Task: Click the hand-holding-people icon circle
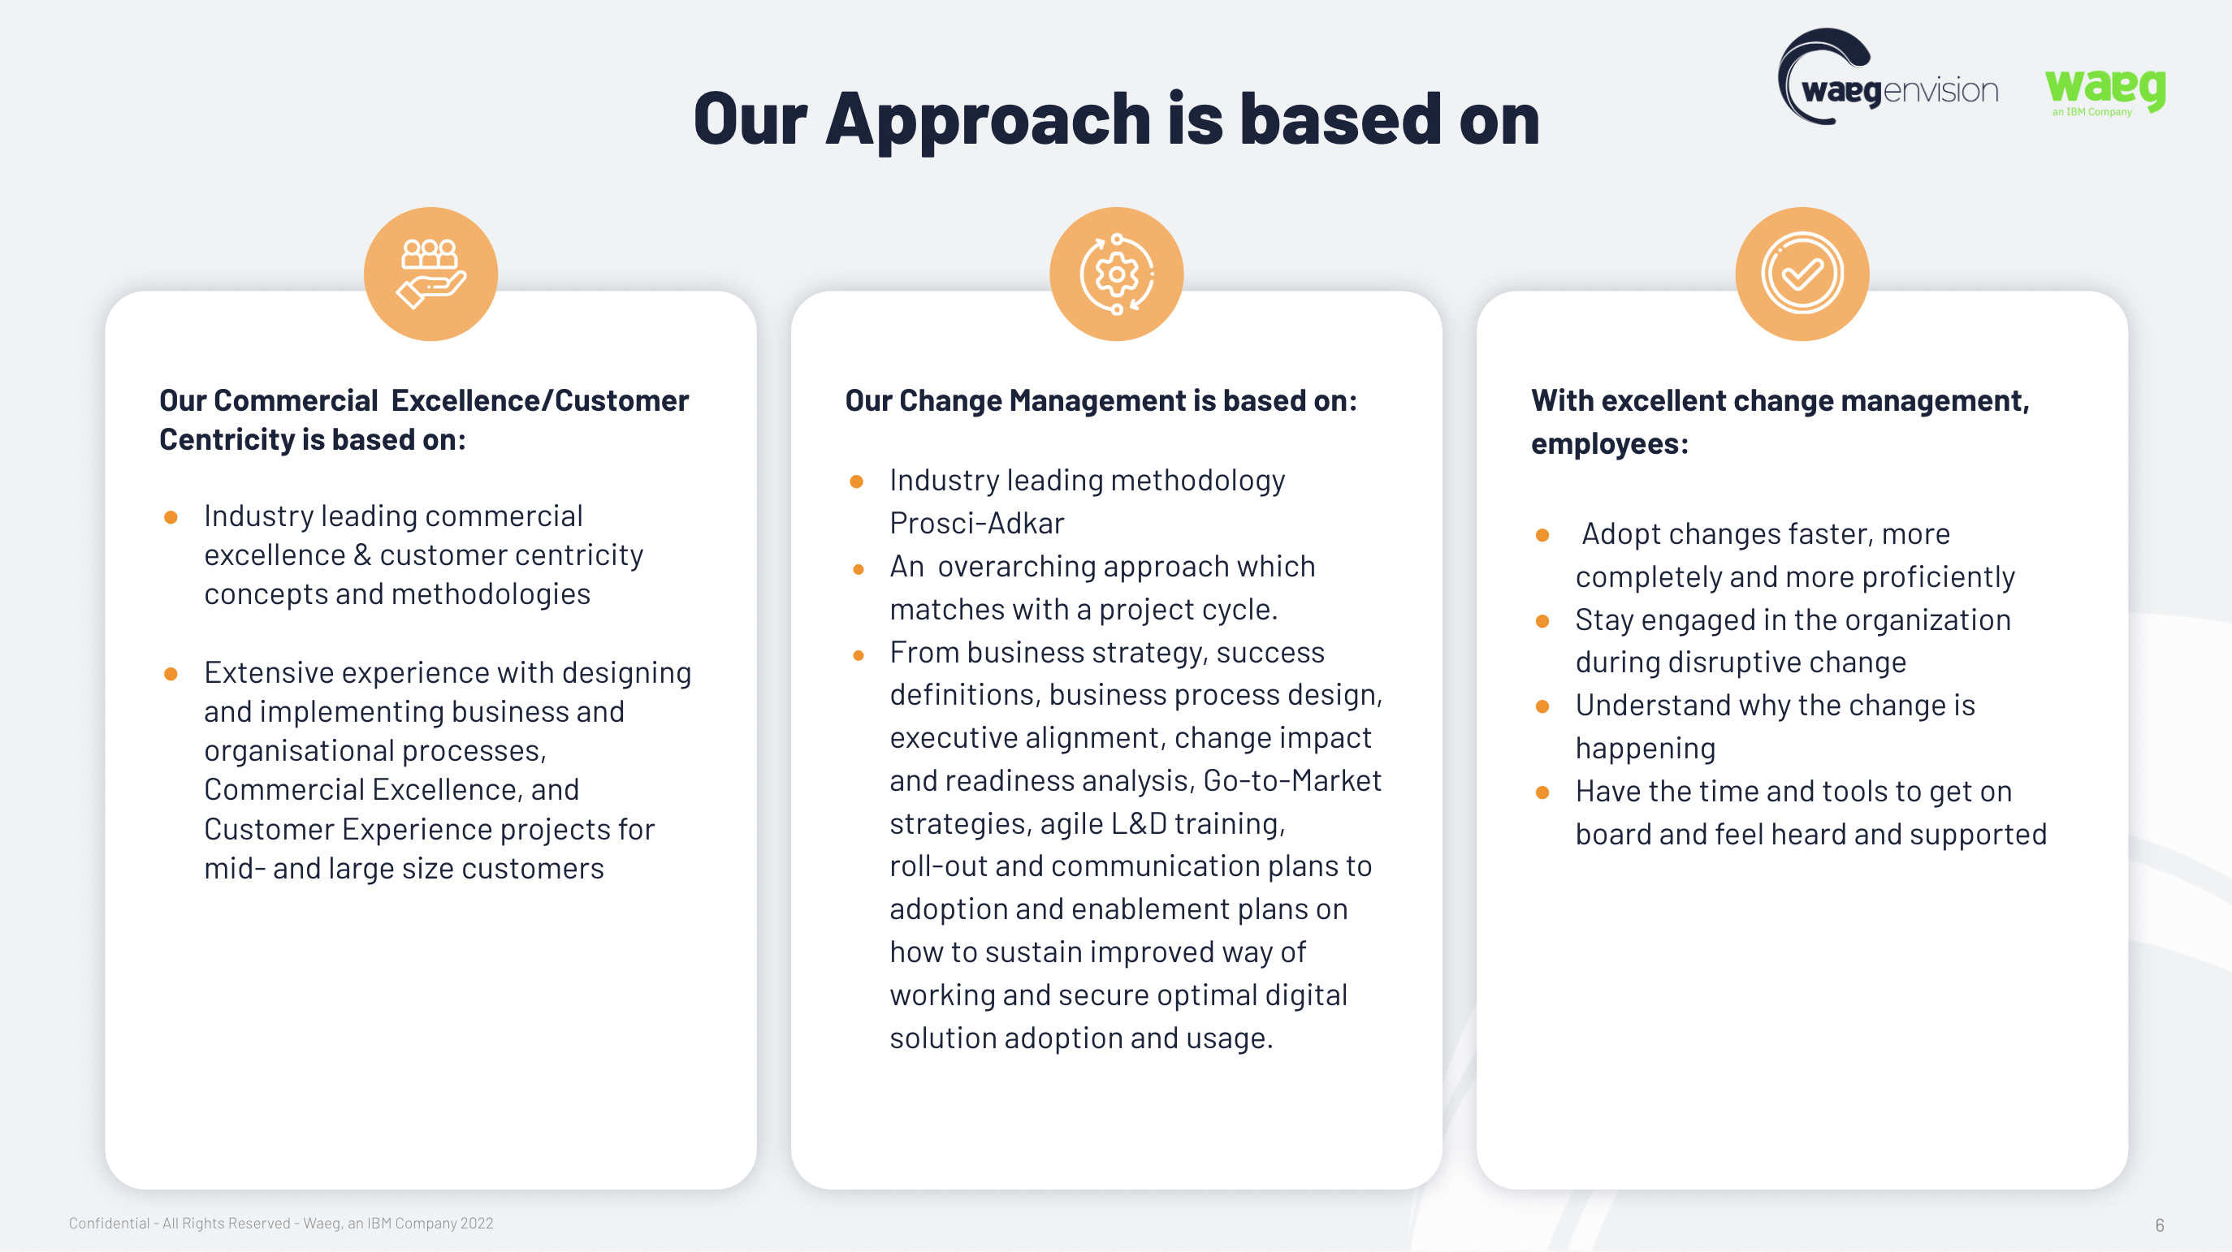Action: [430, 274]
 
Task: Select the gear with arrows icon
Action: [1117, 274]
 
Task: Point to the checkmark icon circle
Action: [1802, 274]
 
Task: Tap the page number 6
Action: [2159, 1225]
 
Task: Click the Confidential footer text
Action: [281, 1224]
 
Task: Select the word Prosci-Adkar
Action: [976, 524]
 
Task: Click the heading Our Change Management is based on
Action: [1101, 400]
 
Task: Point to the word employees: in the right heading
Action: [1609, 443]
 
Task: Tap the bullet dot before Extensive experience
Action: [171, 674]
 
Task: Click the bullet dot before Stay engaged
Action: [1542, 621]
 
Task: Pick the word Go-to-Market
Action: [1292, 780]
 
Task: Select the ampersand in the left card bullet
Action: [363, 555]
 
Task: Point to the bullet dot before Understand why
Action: [1542, 707]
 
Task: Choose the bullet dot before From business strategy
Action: [858, 656]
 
